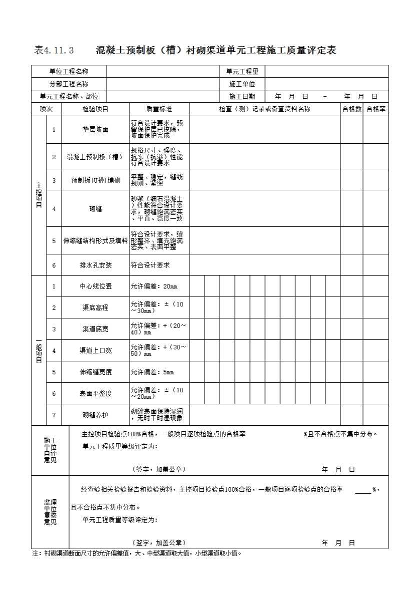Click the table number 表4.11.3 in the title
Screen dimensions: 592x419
(x=54, y=50)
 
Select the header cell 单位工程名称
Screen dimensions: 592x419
(x=69, y=72)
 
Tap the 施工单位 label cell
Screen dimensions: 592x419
(x=242, y=84)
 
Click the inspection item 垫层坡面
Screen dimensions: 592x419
(x=95, y=130)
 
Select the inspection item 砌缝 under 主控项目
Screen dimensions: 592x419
(x=95, y=209)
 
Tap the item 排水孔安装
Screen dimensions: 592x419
(x=95, y=266)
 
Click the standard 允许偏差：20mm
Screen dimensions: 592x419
(x=154, y=287)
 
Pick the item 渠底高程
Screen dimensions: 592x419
(x=95, y=308)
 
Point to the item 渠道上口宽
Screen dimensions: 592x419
(x=95, y=351)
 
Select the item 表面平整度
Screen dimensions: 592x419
(x=95, y=394)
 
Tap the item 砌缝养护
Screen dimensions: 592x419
(x=95, y=415)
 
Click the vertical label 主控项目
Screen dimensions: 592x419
(x=39, y=195)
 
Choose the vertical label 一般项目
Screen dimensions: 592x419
(x=39, y=350)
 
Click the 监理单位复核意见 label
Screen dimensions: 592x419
(x=50, y=512)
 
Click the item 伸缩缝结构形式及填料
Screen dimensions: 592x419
(x=95, y=241)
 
